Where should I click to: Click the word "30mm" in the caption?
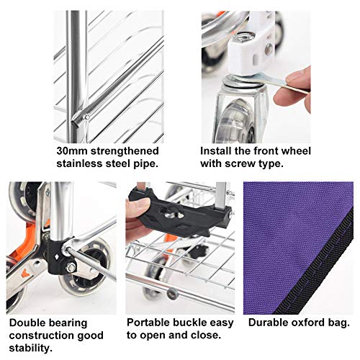72,151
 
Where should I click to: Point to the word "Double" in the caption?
26,323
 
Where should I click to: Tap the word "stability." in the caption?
31,348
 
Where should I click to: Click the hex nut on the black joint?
71,268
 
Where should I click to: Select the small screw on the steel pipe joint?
86,117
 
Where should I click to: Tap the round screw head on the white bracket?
269,49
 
